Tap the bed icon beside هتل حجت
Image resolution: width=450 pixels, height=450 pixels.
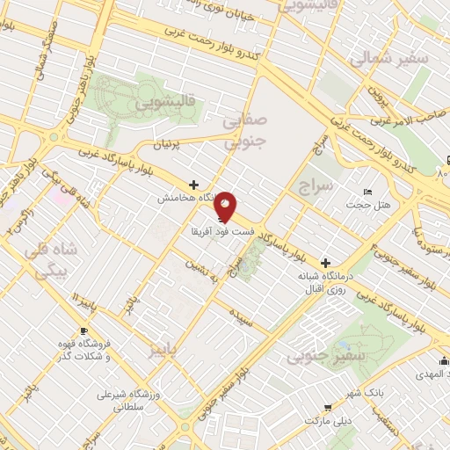368,192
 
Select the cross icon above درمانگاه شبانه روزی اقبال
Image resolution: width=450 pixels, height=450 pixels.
325,262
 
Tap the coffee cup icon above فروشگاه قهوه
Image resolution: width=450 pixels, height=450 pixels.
83,330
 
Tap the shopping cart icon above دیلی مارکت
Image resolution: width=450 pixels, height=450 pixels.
327,408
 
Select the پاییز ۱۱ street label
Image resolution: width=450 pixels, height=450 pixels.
83,301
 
